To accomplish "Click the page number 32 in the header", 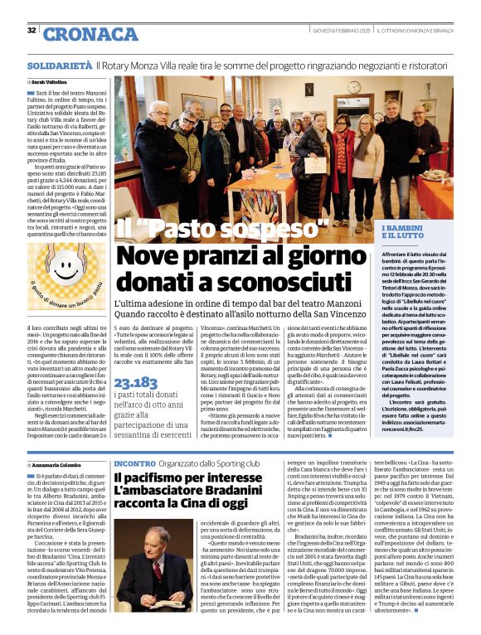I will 32,31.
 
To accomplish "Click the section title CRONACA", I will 79,33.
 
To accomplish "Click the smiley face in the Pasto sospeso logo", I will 66,269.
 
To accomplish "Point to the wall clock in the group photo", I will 354,87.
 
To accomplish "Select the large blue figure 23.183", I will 136,383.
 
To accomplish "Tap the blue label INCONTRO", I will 134,463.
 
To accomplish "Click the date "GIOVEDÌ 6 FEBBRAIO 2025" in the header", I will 339,30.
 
